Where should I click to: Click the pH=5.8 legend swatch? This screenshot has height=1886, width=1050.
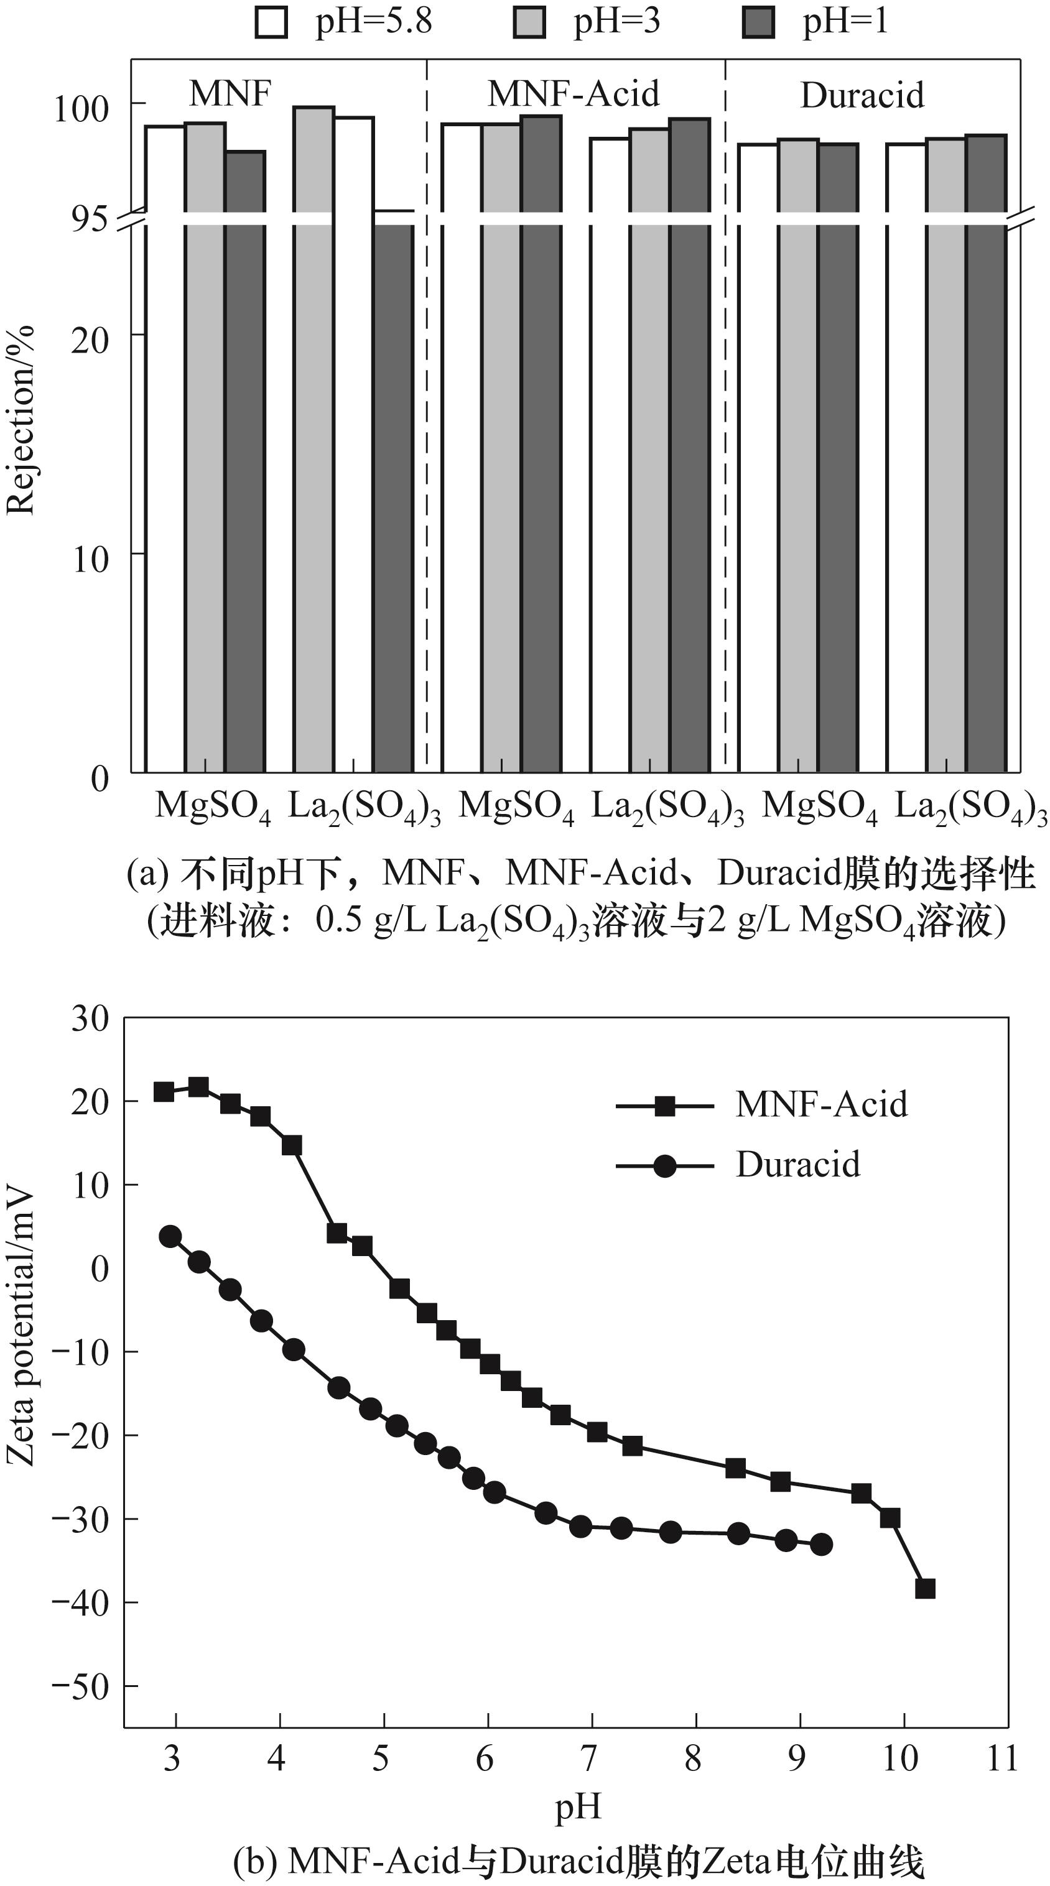(x=271, y=21)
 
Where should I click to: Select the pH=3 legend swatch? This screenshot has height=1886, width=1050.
(x=529, y=21)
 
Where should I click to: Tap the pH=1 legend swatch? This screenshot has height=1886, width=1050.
(x=758, y=21)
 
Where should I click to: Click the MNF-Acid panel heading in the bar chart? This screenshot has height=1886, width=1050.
(x=574, y=94)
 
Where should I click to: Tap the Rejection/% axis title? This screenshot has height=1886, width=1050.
(x=21, y=420)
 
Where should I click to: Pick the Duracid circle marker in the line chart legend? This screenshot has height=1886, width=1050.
(x=664, y=1165)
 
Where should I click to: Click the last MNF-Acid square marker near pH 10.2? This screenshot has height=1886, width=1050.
(x=925, y=1588)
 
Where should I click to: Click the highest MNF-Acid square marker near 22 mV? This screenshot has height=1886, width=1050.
(x=198, y=1086)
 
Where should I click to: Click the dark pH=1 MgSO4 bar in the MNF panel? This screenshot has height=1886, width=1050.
(x=244, y=461)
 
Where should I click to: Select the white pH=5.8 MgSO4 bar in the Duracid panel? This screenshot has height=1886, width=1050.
(x=757, y=461)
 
